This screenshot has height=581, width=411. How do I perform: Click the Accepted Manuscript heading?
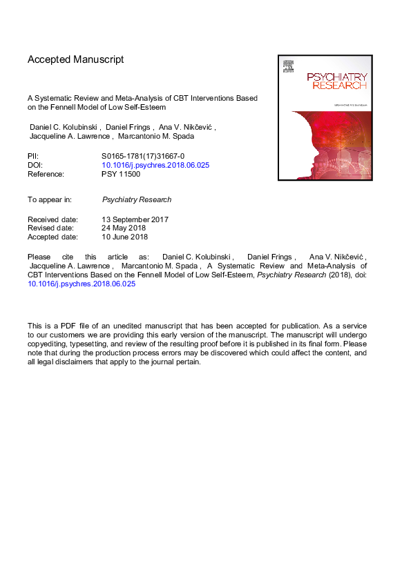[x=76, y=60]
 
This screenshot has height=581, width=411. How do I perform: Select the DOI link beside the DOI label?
[x=155, y=166]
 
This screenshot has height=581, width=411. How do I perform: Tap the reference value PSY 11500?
[x=121, y=175]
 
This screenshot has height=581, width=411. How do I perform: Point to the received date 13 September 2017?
[x=135, y=219]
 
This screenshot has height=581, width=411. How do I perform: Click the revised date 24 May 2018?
[x=125, y=228]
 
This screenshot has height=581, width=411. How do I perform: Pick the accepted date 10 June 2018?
[x=125, y=237]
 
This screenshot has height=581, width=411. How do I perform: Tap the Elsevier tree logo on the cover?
[x=288, y=67]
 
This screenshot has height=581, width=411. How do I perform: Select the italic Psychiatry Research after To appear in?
[x=137, y=199]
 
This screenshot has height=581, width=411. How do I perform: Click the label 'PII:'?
[x=33, y=157]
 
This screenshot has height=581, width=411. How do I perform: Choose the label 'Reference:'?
[x=46, y=175]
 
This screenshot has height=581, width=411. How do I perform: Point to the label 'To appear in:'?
[x=50, y=199]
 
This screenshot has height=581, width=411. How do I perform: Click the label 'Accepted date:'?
[x=52, y=237]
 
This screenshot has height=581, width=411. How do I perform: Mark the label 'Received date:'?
[x=52, y=219]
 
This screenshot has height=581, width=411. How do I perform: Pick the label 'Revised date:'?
[x=50, y=228]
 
